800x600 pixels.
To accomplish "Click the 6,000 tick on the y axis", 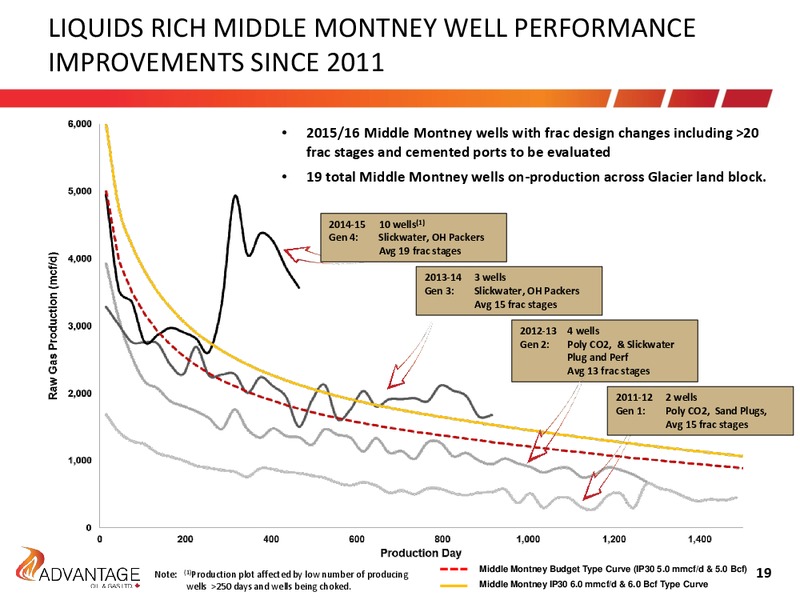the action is (80, 124).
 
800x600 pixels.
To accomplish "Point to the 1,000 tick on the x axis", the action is (528, 539).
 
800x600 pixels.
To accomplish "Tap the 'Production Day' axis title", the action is (421, 553).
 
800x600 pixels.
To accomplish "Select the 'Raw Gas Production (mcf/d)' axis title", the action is (53, 327).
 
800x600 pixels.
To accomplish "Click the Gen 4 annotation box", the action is (413, 237).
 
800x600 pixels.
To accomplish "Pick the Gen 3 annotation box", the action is (509, 291).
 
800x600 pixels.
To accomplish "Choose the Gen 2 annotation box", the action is (605, 351).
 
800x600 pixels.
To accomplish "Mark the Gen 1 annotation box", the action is (700, 411).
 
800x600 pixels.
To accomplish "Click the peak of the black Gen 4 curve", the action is (235, 195).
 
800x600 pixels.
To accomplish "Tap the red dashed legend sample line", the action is (454, 569).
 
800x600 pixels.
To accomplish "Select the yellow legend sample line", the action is (454, 585).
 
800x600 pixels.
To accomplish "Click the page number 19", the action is (763, 573).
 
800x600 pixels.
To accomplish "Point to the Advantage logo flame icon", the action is (32, 561).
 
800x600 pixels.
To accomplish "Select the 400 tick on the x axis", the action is (271, 539).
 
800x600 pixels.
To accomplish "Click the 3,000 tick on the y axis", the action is (80, 326).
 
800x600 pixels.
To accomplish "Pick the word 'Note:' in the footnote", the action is (165, 574).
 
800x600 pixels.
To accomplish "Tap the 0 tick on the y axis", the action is (89, 528).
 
